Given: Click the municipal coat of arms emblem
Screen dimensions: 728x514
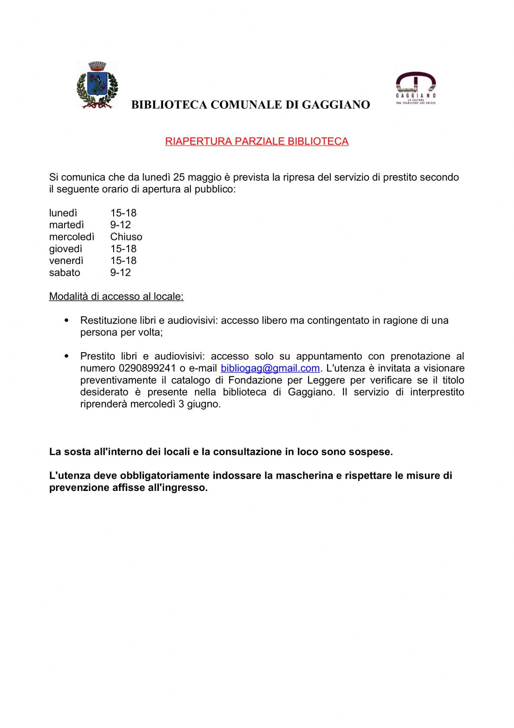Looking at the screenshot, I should click(97, 85).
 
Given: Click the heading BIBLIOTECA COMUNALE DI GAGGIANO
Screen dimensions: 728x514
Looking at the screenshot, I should click(250, 105).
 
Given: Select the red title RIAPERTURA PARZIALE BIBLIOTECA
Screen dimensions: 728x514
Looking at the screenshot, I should click(257, 142).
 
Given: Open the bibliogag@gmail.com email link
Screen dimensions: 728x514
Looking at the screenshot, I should click(270, 368).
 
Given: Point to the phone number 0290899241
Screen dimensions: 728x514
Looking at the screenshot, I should click(147, 368).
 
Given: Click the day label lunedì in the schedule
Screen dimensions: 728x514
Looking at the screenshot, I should click(63, 213).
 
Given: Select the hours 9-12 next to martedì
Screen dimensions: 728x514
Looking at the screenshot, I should click(120, 225).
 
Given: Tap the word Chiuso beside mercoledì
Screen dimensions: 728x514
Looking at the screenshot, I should click(126, 237).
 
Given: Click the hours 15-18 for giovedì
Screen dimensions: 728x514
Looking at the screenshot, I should click(123, 249).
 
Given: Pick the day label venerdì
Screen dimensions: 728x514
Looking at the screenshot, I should click(66, 261).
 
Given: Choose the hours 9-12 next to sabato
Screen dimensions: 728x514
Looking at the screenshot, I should click(120, 273).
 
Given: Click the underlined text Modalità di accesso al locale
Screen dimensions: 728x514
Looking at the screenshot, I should click(116, 297).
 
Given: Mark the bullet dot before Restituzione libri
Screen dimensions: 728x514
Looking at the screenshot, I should click(67, 320).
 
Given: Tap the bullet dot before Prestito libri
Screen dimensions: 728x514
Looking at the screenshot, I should click(67, 356).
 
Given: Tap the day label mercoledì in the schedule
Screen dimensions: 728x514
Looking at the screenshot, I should click(72, 237).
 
